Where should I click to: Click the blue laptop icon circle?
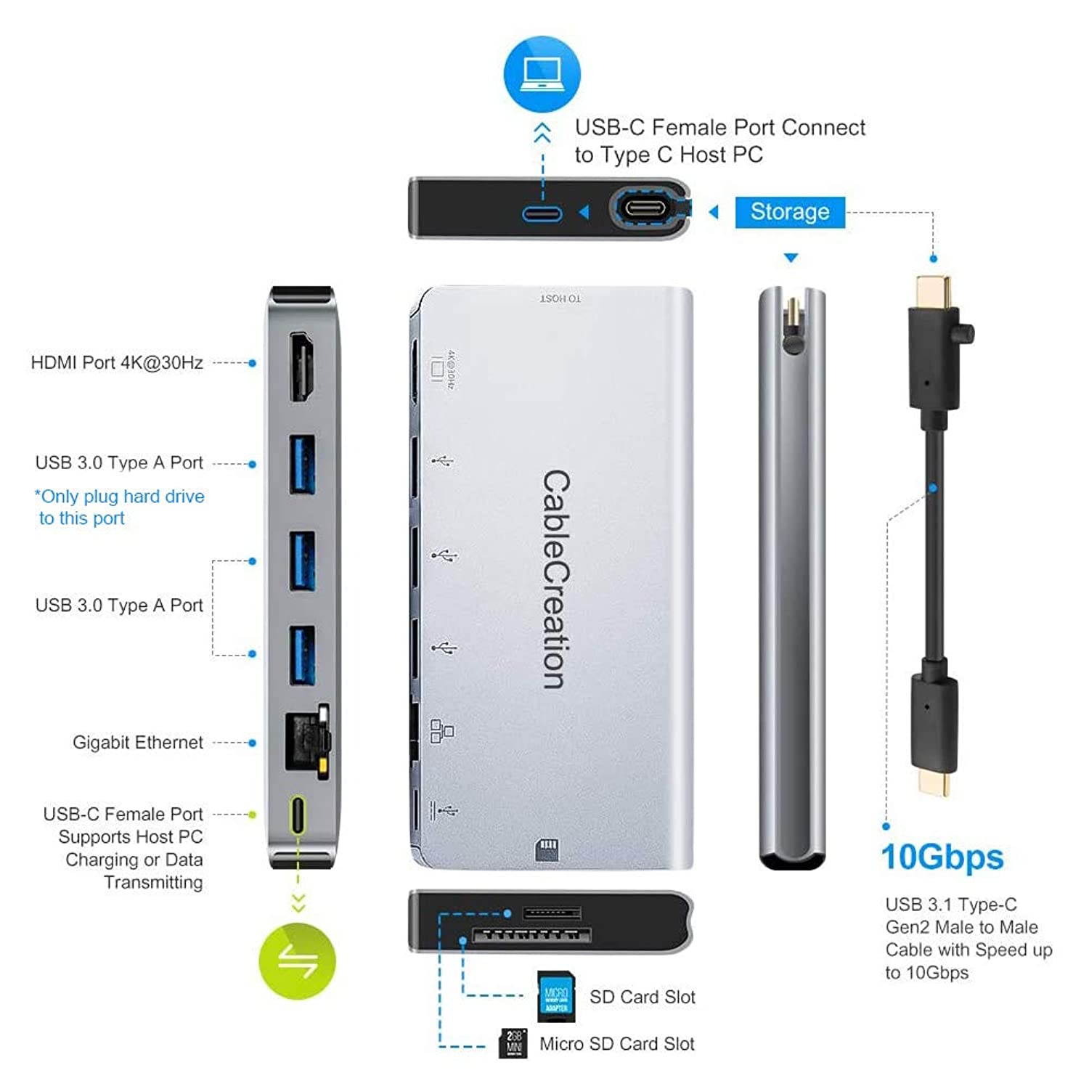542,74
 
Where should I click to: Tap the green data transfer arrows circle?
298,960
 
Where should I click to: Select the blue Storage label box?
790,212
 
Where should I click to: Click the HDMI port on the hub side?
303,367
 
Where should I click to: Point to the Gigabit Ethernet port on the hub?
305,741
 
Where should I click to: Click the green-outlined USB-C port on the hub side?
298,815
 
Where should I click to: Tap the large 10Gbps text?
942,857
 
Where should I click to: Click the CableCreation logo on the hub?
557,579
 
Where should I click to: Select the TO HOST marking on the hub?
560,298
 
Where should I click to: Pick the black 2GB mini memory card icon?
514,1043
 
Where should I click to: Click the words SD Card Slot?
642,997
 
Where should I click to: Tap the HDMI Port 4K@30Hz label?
117,363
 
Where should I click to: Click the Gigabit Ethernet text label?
138,742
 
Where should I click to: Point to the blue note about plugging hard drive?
120,507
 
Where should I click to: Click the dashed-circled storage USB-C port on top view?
645,210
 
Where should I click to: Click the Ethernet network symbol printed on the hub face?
441,730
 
